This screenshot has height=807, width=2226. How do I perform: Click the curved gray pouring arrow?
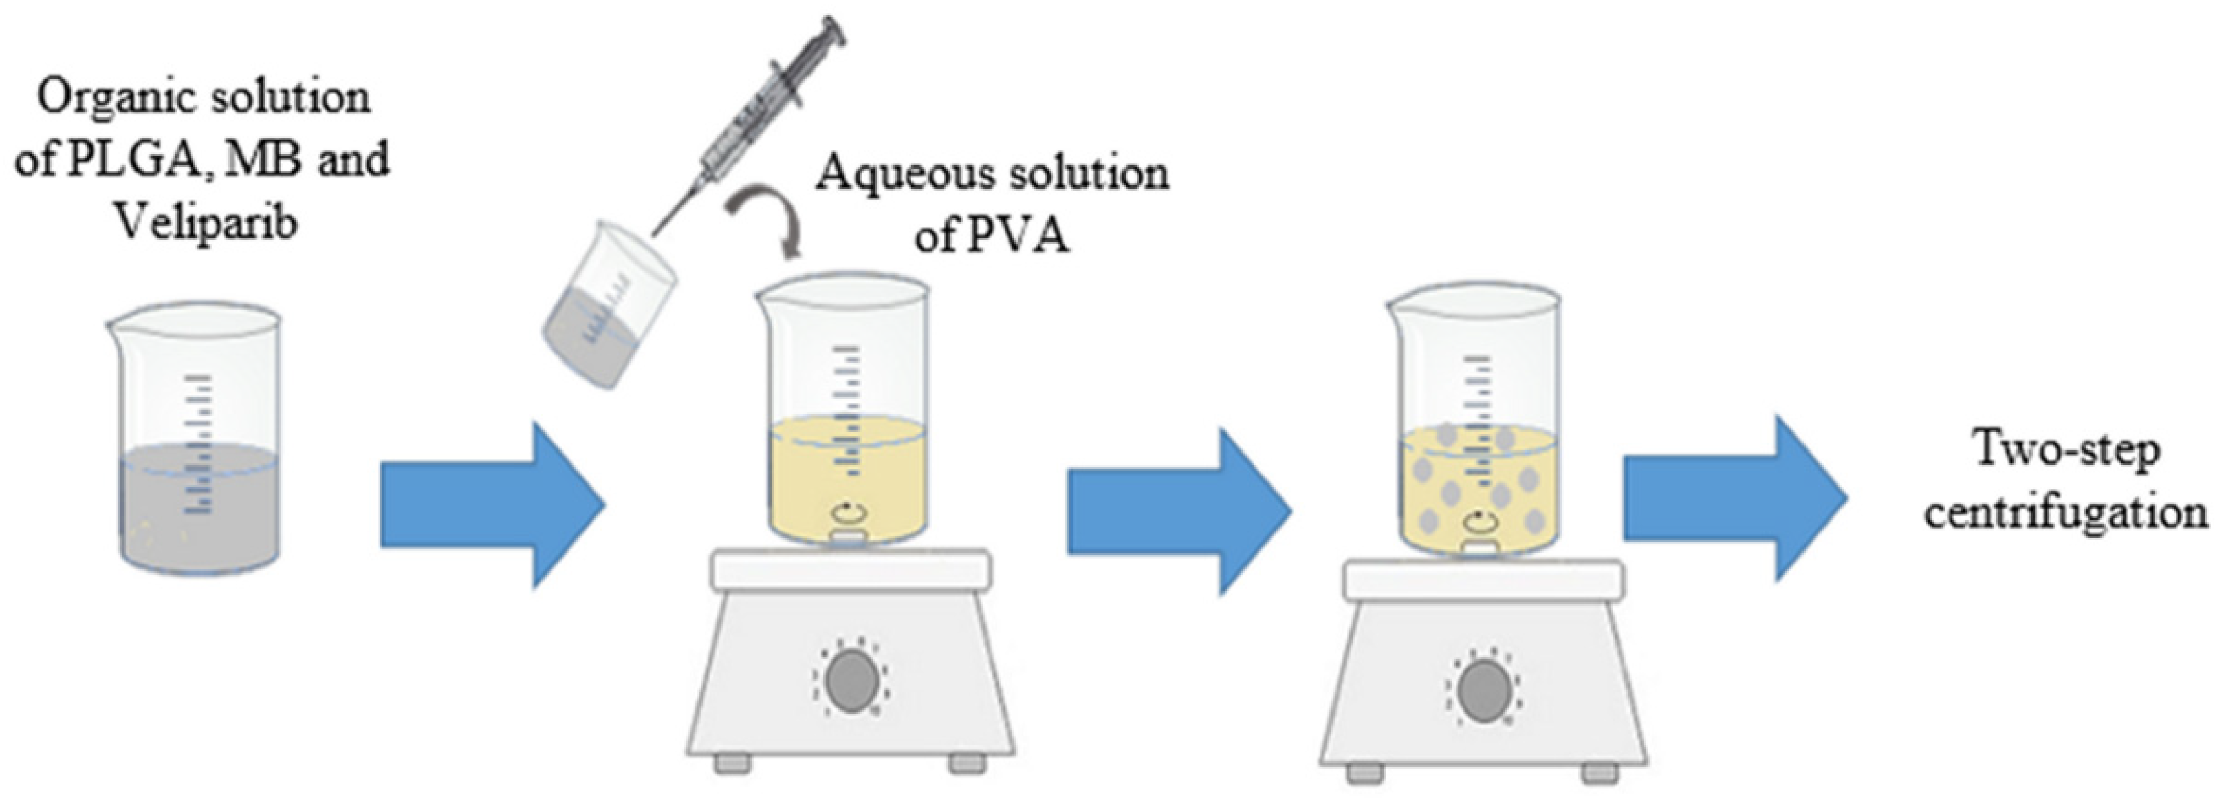[x=770, y=221]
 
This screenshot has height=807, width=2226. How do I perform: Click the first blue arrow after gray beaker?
[x=492, y=506]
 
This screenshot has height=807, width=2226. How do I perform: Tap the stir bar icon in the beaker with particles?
[x=1478, y=522]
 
